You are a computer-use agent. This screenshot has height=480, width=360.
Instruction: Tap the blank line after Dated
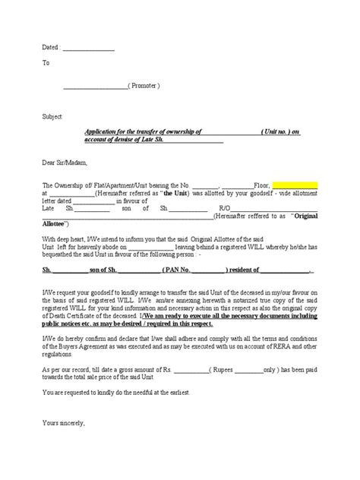pos(88,47)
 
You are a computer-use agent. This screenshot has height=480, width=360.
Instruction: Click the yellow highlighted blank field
pos(295,185)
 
